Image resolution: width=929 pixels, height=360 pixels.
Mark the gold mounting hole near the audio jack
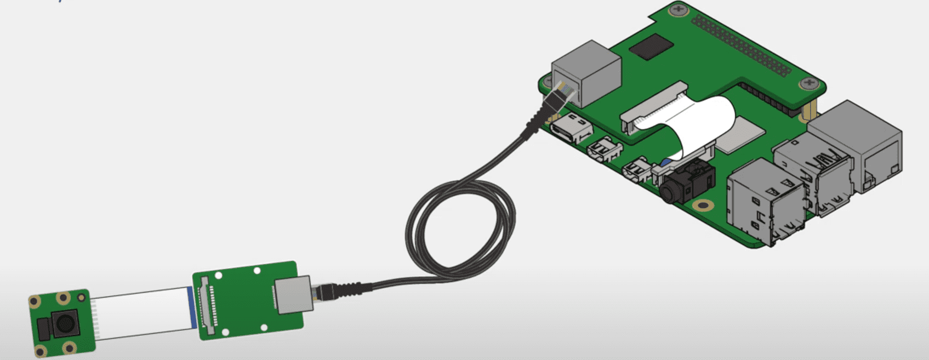tap(701, 206)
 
